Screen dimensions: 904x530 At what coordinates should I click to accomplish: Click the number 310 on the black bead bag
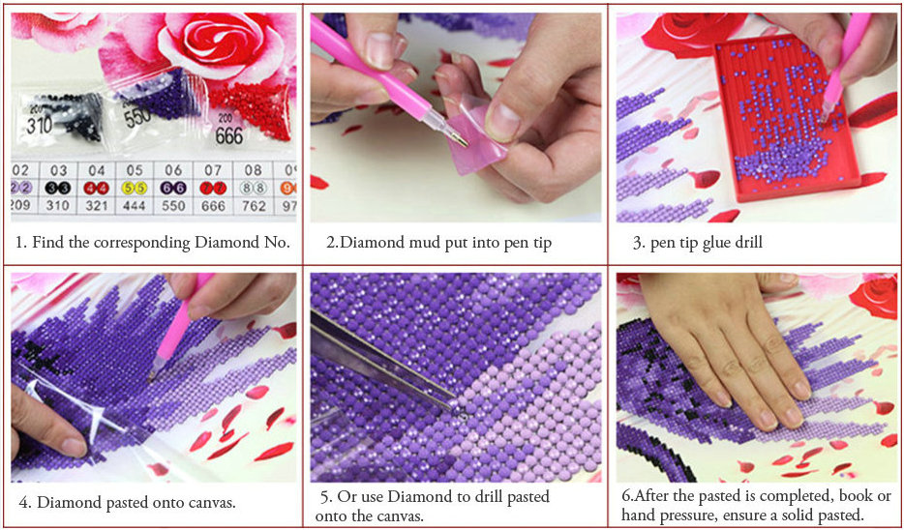point(40,124)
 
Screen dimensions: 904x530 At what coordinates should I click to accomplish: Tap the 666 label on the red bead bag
point(228,135)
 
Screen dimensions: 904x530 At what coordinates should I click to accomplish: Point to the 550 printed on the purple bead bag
point(137,117)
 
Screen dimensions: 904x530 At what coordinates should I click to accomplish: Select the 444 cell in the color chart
point(136,206)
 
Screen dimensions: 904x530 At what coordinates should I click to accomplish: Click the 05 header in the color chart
point(135,170)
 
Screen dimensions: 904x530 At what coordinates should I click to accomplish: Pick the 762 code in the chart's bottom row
point(253,206)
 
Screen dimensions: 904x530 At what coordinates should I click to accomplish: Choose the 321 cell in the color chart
point(97,206)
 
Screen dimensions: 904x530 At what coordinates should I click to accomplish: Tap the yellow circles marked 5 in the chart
point(135,188)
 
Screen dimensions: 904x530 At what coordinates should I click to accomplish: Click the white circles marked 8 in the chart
point(253,188)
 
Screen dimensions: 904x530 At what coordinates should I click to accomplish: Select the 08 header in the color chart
point(253,170)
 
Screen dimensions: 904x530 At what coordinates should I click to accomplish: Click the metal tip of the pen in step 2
point(460,137)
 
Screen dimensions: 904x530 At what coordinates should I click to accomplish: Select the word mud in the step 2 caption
point(405,243)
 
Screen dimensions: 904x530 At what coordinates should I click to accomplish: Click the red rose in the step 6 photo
point(875,296)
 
